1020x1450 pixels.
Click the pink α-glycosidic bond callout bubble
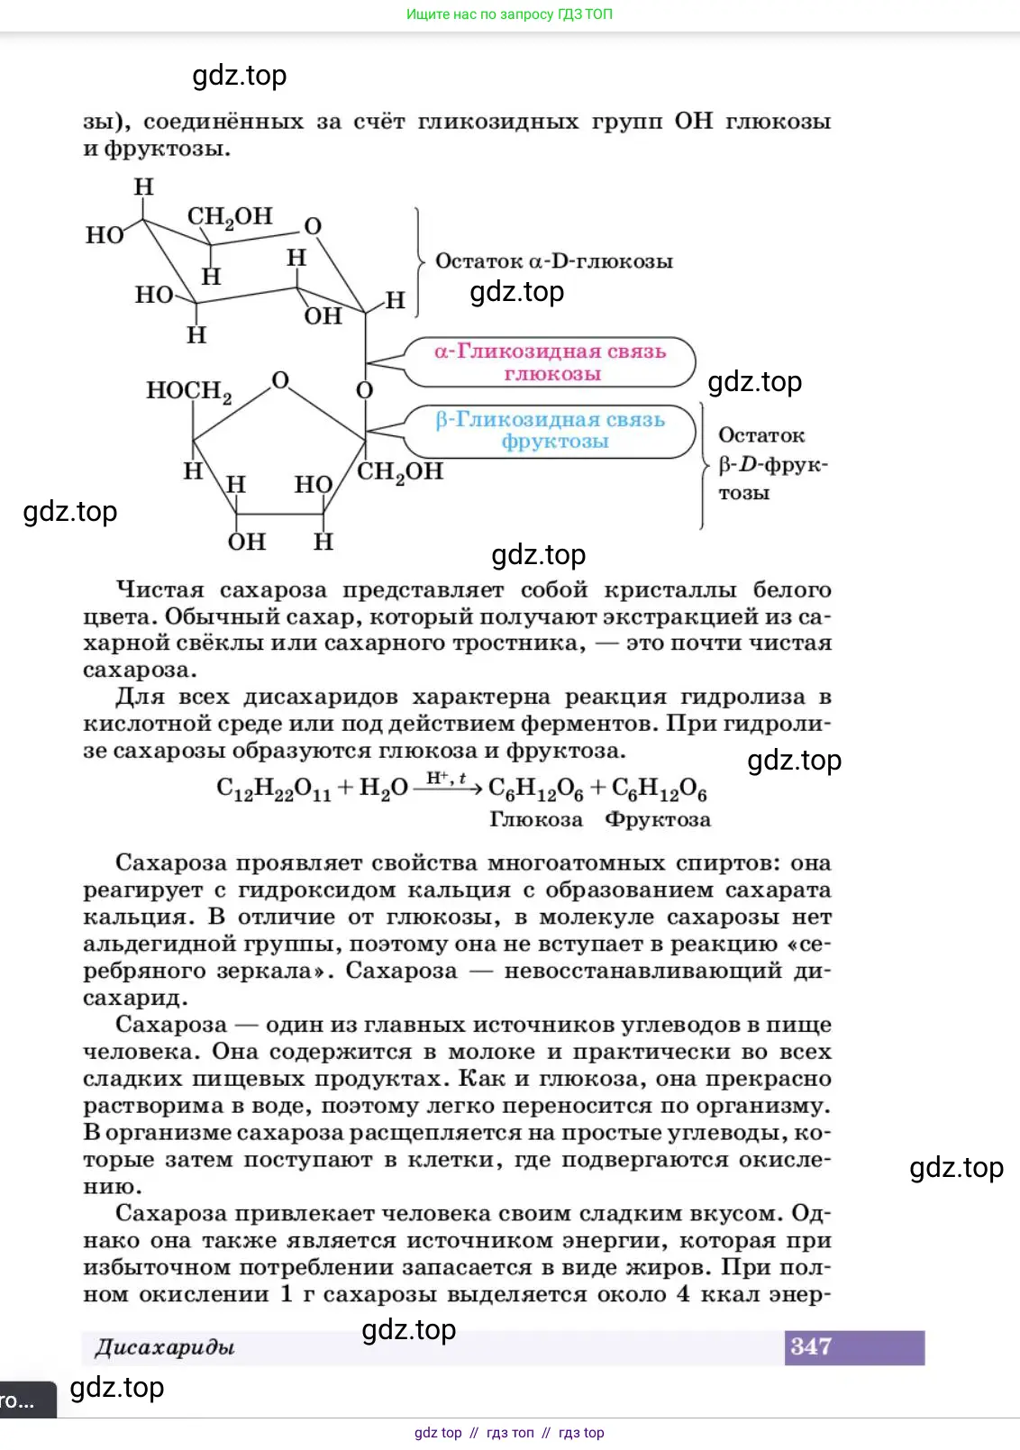tap(551, 362)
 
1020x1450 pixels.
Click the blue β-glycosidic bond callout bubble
tap(551, 431)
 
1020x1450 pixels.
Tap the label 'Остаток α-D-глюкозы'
tap(553, 261)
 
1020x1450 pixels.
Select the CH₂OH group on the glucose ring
tap(229, 217)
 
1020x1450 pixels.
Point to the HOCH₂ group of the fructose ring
tap(189, 391)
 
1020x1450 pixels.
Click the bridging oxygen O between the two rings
tap(364, 390)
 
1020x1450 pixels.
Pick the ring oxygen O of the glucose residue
tap(313, 226)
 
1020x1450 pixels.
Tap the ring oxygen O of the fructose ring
tap(280, 380)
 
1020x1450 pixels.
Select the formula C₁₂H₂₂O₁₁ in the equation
tap(274, 789)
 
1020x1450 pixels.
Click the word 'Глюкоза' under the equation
tap(536, 820)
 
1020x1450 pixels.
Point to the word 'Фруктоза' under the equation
tap(658, 820)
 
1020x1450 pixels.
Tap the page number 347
tap(811, 1347)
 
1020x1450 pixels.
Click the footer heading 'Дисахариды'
tap(165, 1348)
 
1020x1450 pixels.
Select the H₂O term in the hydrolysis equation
tap(383, 789)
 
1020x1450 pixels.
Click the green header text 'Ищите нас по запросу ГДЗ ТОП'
tap(509, 14)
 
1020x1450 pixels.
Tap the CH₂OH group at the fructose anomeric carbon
tap(400, 472)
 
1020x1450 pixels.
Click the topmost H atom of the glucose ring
tap(143, 187)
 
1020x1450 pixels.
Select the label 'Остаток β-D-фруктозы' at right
tap(770, 464)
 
